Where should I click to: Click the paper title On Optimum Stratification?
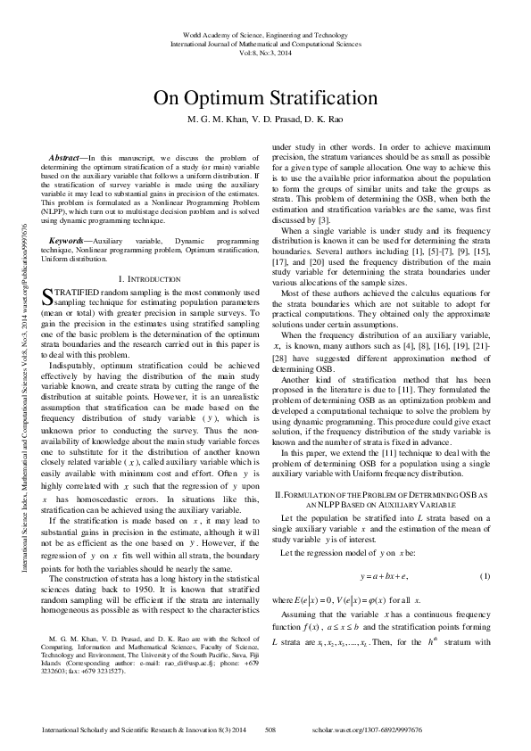pyautogui.click(x=264, y=98)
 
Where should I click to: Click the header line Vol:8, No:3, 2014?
pyautogui.click(x=265, y=53)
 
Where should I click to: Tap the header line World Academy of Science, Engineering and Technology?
pyautogui.click(x=265, y=34)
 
